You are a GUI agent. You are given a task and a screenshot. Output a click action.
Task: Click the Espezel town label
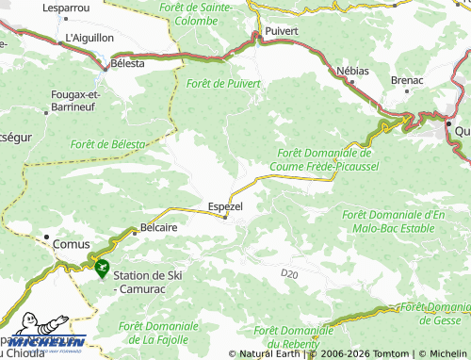[226, 204]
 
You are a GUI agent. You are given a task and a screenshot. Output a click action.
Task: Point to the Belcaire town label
[159, 227]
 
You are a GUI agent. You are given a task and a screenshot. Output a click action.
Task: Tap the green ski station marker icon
[101, 268]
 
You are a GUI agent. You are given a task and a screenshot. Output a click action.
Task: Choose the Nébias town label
[354, 72]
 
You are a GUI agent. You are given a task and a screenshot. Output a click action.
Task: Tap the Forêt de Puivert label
[223, 84]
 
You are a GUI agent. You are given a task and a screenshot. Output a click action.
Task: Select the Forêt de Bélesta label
[107, 143]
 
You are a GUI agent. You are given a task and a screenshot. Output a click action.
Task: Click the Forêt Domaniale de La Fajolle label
[158, 331]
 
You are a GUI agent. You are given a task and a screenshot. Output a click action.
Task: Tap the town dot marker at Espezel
[225, 217]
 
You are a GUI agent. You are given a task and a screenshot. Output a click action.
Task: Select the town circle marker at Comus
[45, 237]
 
